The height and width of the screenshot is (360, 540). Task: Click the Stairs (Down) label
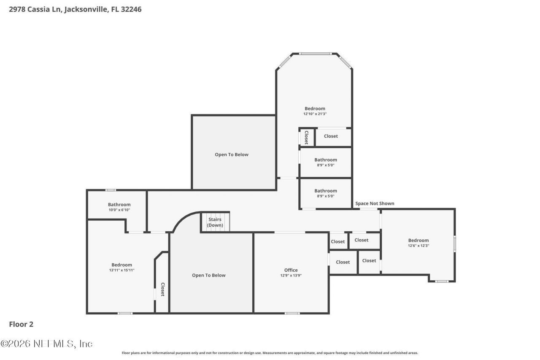[x=215, y=222]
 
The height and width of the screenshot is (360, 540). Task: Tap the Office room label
[x=291, y=270]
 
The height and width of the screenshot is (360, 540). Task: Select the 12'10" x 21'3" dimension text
[x=315, y=114]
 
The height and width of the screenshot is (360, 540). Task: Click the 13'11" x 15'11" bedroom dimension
[x=121, y=270]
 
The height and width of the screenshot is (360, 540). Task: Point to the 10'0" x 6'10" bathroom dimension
[x=119, y=210]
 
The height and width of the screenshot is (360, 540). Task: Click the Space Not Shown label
[x=375, y=203]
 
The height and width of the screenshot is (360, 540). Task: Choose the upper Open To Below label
[x=232, y=154]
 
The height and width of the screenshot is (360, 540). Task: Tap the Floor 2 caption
[x=21, y=324]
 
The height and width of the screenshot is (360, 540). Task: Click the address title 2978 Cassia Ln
[x=75, y=9]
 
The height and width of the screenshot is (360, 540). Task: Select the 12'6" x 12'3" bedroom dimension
[x=418, y=246]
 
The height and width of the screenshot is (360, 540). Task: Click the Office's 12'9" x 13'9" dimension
[x=291, y=276]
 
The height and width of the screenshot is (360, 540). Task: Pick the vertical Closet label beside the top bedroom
[x=306, y=137]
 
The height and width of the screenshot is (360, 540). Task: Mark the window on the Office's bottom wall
[x=292, y=313]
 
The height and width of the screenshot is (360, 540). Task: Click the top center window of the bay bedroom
[x=315, y=54]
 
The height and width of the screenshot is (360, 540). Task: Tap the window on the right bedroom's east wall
[x=454, y=244]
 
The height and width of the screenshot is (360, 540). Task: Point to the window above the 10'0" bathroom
[x=111, y=190]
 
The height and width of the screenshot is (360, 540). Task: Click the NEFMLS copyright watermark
[x=46, y=344]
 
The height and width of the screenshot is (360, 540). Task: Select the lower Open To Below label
[x=209, y=275]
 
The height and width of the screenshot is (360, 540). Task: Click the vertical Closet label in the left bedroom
[x=162, y=289]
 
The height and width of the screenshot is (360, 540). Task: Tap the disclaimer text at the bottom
[x=270, y=353]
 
